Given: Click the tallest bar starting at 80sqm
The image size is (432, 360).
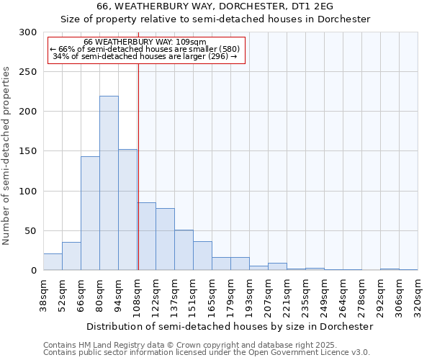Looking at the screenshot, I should tap(109, 183).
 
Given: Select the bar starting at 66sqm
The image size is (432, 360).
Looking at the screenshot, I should tap(90, 213).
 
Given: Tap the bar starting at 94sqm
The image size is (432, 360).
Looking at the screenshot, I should tap(127, 210).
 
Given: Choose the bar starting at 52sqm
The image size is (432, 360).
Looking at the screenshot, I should tap(71, 256).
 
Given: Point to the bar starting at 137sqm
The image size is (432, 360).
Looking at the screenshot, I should tap(184, 250).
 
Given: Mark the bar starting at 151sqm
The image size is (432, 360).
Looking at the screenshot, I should tap(202, 256).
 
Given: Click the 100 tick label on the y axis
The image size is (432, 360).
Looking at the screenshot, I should tap(28, 192).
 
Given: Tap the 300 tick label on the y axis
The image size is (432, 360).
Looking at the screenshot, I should tap(28, 32).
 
